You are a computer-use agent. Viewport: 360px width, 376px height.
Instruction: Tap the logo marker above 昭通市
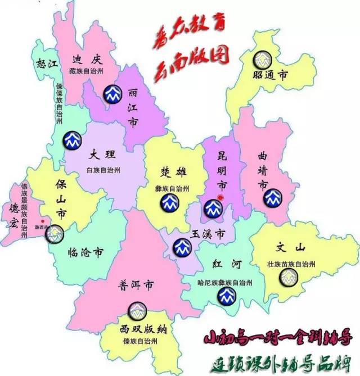(x=261, y=58)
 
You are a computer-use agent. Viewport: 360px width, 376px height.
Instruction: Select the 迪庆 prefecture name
(x=86, y=59)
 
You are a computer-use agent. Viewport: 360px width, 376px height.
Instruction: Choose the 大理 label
(x=103, y=153)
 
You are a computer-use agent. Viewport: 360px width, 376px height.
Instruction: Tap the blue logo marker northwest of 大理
(x=71, y=139)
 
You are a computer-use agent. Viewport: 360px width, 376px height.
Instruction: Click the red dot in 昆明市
(x=221, y=198)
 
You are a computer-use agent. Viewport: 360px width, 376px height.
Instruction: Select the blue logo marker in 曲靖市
(x=274, y=197)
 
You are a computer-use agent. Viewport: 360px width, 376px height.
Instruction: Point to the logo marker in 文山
(x=290, y=276)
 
